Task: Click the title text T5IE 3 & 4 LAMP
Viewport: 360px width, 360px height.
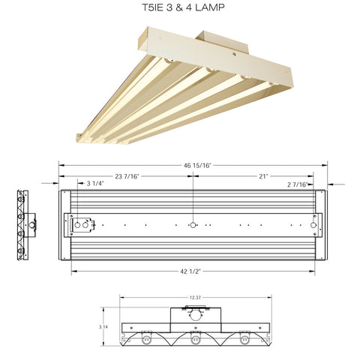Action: [179, 10]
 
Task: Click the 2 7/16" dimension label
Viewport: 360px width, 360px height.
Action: [298, 183]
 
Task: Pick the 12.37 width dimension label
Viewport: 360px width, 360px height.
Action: [195, 298]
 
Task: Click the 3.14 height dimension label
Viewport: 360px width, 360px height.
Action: [104, 328]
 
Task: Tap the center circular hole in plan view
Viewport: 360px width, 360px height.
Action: [193, 224]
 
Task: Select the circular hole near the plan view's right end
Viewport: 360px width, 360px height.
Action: [313, 224]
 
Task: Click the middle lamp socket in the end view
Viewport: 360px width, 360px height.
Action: [195, 340]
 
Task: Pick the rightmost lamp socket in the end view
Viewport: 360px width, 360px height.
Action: [244, 340]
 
